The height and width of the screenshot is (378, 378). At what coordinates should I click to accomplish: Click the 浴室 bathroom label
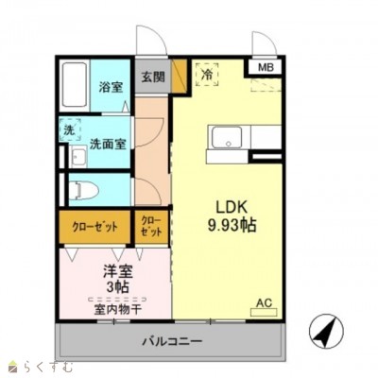(x=111, y=87)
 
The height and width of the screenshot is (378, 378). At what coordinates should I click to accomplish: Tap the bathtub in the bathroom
(x=75, y=85)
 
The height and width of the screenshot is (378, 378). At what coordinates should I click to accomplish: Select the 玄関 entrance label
(x=153, y=77)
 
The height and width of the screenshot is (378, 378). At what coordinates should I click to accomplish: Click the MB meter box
(x=266, y=67)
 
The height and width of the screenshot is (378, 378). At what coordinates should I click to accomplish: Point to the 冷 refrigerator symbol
(x=207, y=75)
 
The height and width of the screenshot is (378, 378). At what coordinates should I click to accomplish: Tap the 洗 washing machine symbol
(x=70, y=130)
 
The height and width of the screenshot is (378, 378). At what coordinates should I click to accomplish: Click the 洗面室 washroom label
(x=108, y=144)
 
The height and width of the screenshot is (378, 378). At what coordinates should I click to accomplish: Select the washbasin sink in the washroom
(x=78, y=157)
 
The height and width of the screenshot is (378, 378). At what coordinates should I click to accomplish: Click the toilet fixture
(x=83, y=190)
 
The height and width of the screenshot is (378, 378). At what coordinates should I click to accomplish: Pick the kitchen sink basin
(x=228, y=137)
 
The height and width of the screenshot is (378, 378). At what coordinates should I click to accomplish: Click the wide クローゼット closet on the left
(x=95, y=227)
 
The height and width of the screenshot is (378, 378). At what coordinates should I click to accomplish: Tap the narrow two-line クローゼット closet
(x=151, y=227)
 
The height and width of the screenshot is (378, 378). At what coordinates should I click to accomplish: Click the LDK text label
(x=232, y=207)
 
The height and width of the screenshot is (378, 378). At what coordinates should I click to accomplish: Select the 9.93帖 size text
(x=232, y=225)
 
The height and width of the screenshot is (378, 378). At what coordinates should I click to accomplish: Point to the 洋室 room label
(x=118, y=271)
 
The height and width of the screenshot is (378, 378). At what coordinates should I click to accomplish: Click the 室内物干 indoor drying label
(x=117, y=310)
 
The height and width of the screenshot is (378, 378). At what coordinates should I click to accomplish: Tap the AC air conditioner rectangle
(x=264, y=312)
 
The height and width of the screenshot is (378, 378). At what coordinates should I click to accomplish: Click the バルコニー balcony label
(x=172, y=341)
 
